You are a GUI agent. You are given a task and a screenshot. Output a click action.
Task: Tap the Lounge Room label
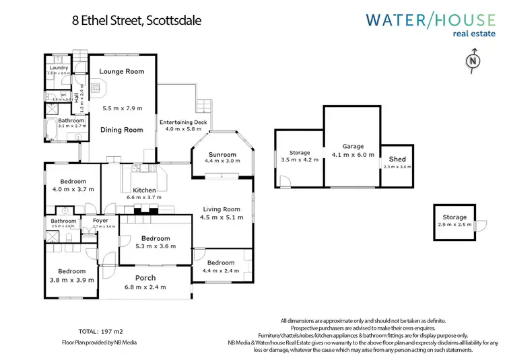(x=121, y=71)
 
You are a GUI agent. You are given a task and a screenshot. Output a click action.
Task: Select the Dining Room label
(x=121, y=130)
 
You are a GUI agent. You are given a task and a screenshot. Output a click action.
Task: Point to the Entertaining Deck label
(x=183, y=122)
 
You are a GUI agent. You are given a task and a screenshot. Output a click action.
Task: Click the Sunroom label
(x=222, y=154)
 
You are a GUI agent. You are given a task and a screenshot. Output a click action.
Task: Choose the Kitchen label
(x=144, y=190)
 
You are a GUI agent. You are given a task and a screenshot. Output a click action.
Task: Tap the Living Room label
(x=222, y=209)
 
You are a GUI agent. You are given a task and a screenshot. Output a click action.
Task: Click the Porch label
(x=145, y=278)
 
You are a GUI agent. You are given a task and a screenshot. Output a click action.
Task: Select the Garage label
(x=353, y=146)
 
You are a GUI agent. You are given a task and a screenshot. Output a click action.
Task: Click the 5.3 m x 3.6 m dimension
(x=155, y=246)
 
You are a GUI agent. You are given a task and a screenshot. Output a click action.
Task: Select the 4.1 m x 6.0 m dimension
(x=353, y=154)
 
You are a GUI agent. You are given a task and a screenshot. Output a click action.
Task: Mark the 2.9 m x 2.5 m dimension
(x=454, y=224)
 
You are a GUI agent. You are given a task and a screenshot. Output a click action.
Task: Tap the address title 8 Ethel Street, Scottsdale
(x=137, y=20)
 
